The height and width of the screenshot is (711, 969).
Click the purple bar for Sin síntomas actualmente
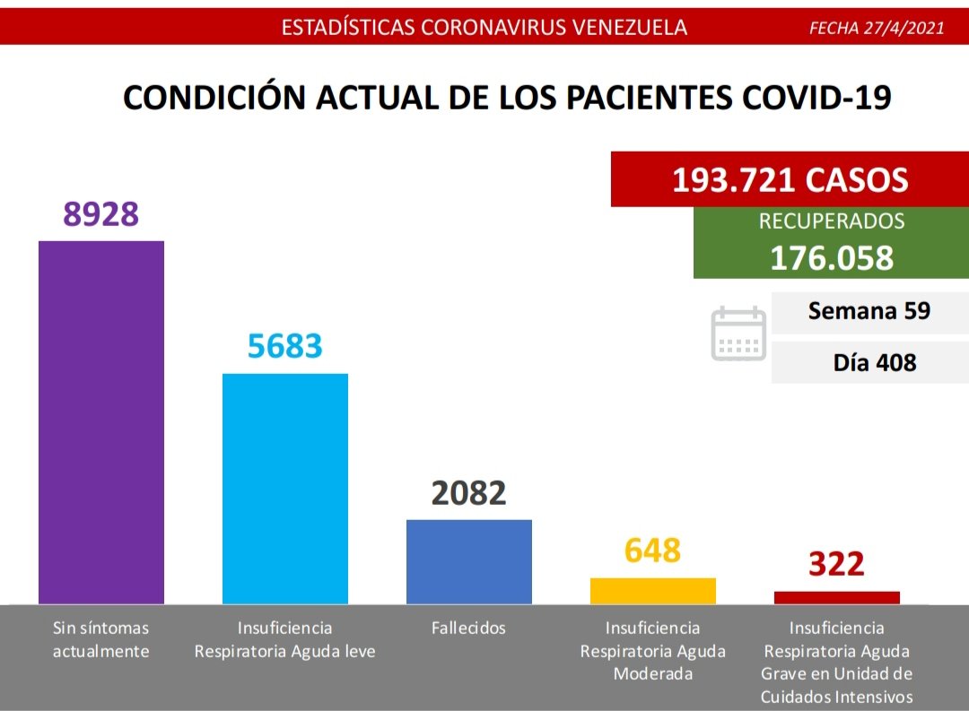pyautogui.click(x=101, y=421)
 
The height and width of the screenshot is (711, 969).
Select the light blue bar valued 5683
pyautogui.click(x=285, y=488)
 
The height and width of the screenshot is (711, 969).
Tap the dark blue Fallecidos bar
pyautogui.click(x=469, y=561)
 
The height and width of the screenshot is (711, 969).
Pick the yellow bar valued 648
pyautogui.click(x=653, y=591)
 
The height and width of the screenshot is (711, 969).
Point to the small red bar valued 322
pyautogui.click(x=837, y=598)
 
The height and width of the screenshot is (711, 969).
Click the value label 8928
pyautogui.click(x=101, y=213)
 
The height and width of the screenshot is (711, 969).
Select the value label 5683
pyautogui.click(x=285, y=345)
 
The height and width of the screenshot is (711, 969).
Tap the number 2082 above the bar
pyautogui.click(x=469, y=492)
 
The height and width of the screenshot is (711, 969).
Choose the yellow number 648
pyautogui.click(x=653, y=550)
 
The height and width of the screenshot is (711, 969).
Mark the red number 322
pyautogui.click(x=836, y=564)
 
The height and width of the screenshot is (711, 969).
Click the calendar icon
pyautogui.click(x=738, y=334)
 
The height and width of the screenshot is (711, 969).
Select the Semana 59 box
pyautogui.click(x=869, y=312)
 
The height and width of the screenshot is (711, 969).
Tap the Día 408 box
pyautogui.click(x=869, y=362)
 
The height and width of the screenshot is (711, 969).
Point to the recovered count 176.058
pyautogui.click(x=832, y=257)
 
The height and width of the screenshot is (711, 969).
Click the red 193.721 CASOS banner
pyautogui.click(x=790, y=180)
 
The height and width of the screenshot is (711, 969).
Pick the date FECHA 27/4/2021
pyautogui.click(x=877, y=28)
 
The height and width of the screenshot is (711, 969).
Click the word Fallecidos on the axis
pyautogui.click(x=468, y=629)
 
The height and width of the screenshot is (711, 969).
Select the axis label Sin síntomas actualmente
pyautogui.click(x=100, y=639)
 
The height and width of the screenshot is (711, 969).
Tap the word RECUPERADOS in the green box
pyautogui.click(x=832, y=221)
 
